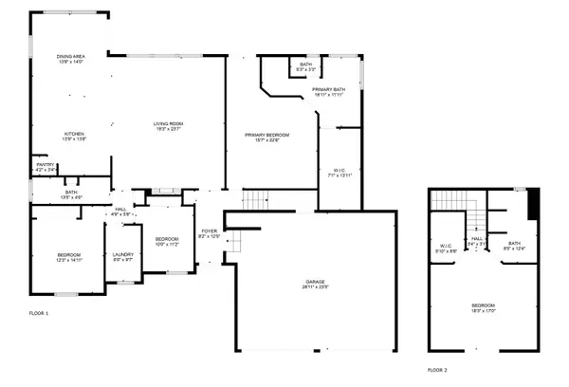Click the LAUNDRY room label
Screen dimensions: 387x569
pos(122,255)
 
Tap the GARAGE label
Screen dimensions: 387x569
pos(315,283)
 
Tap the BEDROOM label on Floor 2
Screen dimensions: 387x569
pos(484,306)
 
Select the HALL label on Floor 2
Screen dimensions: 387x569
pos(476,240)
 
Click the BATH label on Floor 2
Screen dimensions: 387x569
pos(514,245)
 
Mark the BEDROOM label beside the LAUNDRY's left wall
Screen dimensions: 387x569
pos(68,256)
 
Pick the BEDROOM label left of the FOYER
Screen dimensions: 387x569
pos(167,239)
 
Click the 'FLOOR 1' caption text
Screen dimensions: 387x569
pos(39,312)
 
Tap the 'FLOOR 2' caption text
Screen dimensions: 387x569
pos(436,368)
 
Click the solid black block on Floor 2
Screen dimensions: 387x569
pos(532,203)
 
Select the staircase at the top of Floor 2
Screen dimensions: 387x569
pos(449,201)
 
